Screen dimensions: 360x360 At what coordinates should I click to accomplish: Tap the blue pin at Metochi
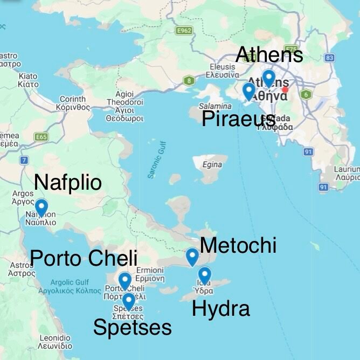click(x=192, y=257)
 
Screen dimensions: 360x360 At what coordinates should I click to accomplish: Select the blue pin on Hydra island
click(x=204, y=276)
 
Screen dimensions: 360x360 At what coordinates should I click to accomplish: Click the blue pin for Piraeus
click(x=249, y=91)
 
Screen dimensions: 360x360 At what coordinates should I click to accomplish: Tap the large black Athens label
click(x=269, y=54)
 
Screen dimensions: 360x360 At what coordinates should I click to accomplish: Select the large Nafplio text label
click(x=67, y=182)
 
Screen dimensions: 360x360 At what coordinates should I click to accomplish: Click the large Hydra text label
click(x=221, y=309)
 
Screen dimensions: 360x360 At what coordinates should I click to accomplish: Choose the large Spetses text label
click(x=133, y=327)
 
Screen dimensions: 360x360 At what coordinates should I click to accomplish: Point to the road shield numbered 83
click(x=330, y=58)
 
